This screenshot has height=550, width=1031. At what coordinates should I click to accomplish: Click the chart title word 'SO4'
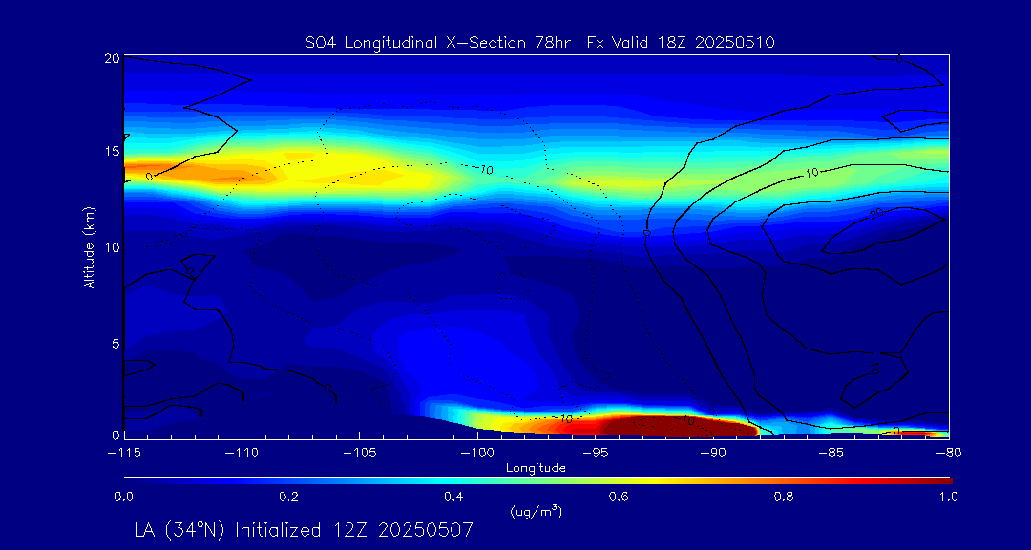pos(319,43)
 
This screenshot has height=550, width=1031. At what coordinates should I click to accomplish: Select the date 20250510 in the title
pos(737,43)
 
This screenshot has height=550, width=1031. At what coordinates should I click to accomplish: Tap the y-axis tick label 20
pos(111,58)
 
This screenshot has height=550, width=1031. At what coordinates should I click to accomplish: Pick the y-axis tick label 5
pos(114,343)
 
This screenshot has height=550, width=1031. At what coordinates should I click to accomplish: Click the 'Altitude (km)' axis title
pos(89,246)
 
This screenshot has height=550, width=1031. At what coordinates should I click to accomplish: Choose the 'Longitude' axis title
pos(536,467)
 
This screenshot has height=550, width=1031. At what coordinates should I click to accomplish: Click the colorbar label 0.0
pos(123,497)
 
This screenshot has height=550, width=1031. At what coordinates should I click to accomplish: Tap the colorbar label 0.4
pos(453,497)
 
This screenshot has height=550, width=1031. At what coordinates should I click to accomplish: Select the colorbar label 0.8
pos(784,497)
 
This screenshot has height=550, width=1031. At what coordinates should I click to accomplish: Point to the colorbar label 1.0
pos(948,497)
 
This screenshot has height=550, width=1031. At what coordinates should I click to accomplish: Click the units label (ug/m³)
pos(537,512)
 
